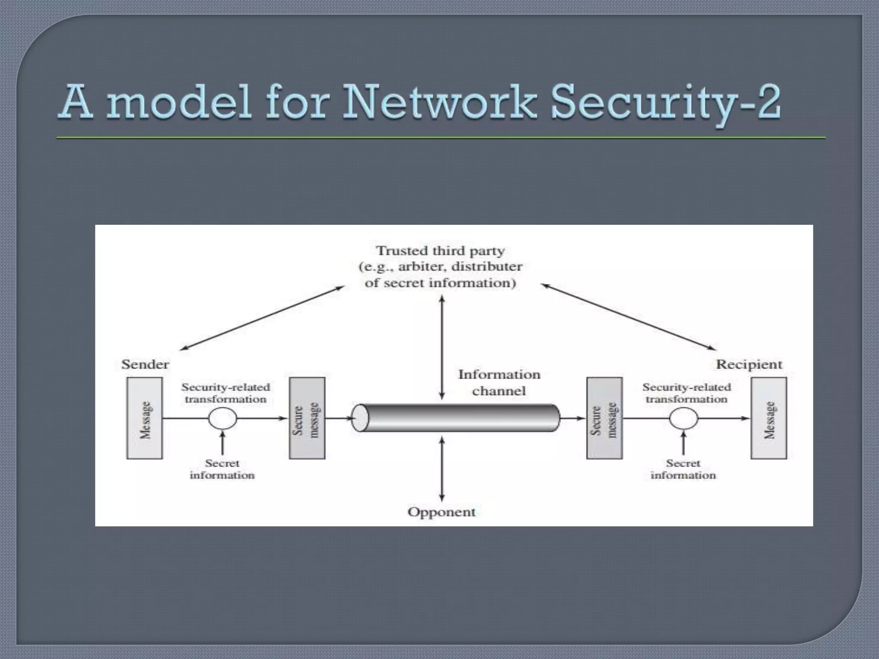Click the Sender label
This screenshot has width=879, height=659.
click(x=145, y=365)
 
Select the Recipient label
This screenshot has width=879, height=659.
click(x=749, y=365)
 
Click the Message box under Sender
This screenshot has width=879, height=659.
click(x=145, y=418)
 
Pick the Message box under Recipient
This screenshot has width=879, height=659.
click(x=769, y=418)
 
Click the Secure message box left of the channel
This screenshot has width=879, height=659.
click(x=307, y=418)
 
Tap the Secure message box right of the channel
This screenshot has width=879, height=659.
click(x=604, y=418)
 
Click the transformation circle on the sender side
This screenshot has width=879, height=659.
click(x=222, y=418)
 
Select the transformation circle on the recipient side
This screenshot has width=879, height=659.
click(x=683, y=418)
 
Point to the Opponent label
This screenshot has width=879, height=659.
click(x=441, y=512)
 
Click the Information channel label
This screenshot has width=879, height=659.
click(x=499, y=383)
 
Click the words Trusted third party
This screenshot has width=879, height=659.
click(x=440, y=251)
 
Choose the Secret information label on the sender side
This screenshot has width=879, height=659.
click(x=222, y=469)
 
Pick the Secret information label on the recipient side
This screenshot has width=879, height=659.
click(x=683, y=469)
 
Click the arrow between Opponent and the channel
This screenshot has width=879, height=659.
click(x=442, y=469)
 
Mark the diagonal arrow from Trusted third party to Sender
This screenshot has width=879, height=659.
click(x=262, y=318)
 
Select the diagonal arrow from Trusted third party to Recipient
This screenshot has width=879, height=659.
click(x=628, y=317)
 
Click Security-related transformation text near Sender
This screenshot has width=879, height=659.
click(x=226, y=393)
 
